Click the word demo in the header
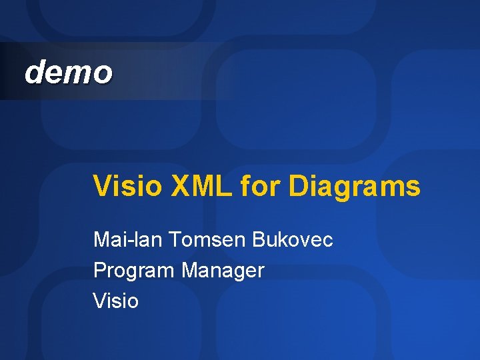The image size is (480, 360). (x=68, y=72)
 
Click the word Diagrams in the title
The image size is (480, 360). (x=355, y=187)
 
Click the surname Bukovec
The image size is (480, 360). (x=293, y=239)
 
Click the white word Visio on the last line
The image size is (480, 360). (x=116, y=301)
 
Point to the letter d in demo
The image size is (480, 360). (x=33, y=72)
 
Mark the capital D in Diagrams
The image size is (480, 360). (x=297, y=186)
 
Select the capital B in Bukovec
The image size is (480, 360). (x=259, y=239)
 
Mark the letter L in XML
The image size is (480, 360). (x=224, y=186)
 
